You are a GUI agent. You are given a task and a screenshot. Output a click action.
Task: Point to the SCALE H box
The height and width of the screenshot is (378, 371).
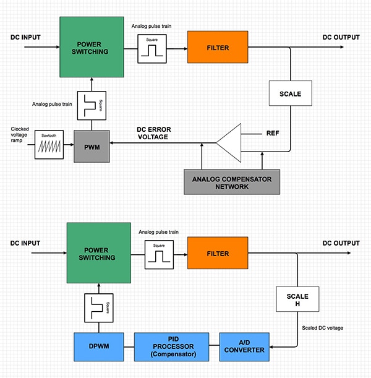[x=297, y=301]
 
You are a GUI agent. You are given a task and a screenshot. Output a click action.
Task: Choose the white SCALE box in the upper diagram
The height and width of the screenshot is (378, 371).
[x=290, y=94]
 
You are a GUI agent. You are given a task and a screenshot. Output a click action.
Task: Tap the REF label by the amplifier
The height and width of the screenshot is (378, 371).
[x=273, y=133]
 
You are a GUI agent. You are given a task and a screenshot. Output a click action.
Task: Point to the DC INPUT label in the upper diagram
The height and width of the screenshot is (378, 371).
[x=25, y=38]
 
